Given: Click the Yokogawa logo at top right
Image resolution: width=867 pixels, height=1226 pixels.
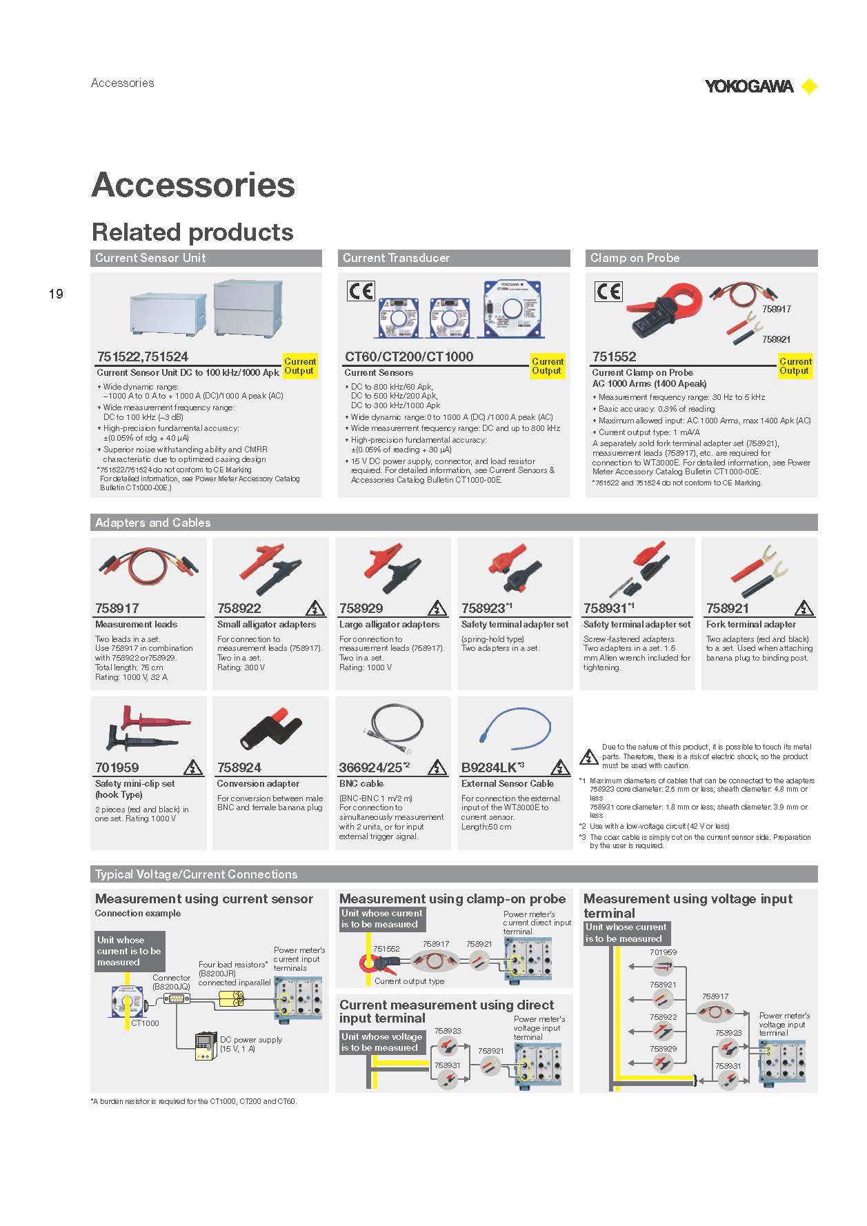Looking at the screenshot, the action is click(761, 86).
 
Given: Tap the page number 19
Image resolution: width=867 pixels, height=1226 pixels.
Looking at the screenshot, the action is click(56, 294).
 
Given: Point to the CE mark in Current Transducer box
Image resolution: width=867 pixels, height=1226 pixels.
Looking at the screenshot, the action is click(360, 291).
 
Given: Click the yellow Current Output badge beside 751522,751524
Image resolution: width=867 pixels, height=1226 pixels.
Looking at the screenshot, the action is click(300, 366).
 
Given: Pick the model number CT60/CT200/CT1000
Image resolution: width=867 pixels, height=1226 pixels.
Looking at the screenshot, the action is click(409, 356).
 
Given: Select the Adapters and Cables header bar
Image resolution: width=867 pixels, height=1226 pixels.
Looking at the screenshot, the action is click(454, 523).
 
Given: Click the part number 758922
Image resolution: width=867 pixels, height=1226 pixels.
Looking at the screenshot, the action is click(239, 608).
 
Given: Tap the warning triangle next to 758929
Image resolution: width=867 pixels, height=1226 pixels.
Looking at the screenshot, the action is click(437, 608).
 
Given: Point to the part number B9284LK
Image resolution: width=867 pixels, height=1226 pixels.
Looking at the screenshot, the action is click(488, 767).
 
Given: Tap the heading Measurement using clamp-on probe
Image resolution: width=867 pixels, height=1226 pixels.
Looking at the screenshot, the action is click(452, 898).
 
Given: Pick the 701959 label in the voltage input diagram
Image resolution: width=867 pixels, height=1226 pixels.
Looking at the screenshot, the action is click(663, 952).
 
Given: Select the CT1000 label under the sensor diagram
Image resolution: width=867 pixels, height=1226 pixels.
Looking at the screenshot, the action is click(145, 1023).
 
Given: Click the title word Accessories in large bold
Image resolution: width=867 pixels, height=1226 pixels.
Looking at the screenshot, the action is click(193, 185).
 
